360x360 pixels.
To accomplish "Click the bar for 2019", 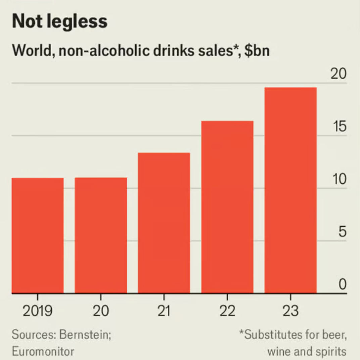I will click(38, 235).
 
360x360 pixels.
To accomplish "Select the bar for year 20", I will click(101, 235).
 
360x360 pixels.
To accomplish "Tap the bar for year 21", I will click(164, 223).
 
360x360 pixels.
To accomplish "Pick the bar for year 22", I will click(227, 207).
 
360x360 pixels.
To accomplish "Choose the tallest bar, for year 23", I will click(290, 190).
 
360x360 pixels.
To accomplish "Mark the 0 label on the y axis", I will click(342, 285).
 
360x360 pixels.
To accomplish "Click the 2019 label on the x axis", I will click(38, 311).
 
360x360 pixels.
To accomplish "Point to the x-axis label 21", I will click(164, 311).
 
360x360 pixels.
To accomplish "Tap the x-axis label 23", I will click(290, 311).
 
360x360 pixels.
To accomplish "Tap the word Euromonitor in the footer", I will click(43, 352).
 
